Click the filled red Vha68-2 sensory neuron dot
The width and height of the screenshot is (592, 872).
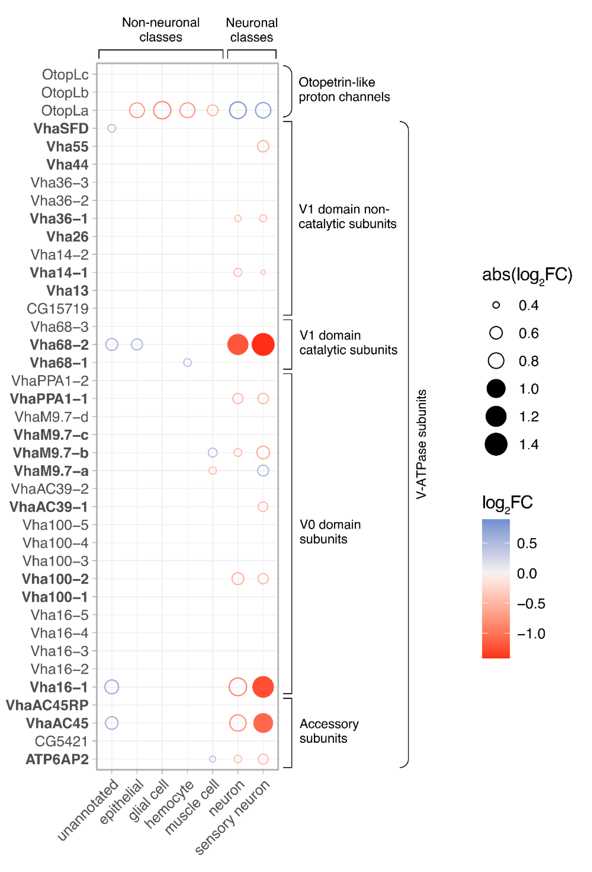(263, 344)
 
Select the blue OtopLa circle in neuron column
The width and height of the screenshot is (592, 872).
(238, 110)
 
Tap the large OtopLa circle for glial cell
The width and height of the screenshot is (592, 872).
(162, 110)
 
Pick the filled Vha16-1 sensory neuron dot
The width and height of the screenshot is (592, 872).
(263, 687)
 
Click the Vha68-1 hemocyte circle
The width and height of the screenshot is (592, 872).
(187, 362)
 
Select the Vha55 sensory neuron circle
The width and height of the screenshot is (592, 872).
(263, 146)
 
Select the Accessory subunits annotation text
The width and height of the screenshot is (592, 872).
(329, 731)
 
